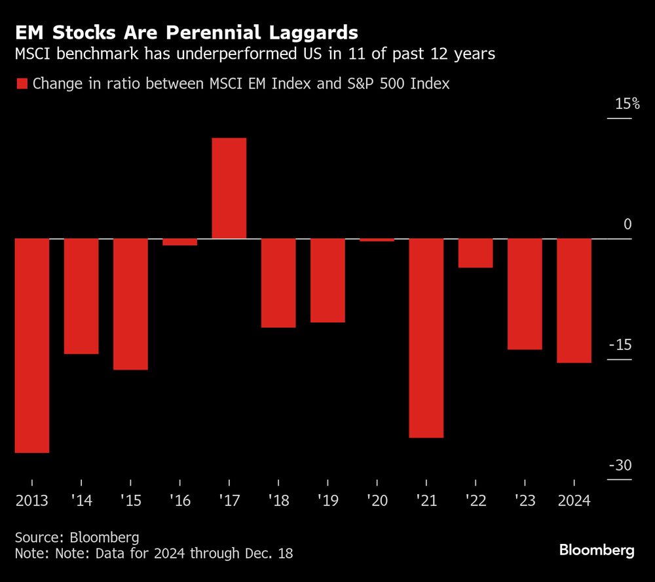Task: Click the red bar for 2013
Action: (x=32, y=345)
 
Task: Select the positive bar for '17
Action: (x=229, y=189)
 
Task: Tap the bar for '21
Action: (x=426, y=338)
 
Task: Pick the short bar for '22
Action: (x=476, y=254)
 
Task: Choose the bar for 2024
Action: (x=574, y=301)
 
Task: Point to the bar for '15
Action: (x=130, y=304)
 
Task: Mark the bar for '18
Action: (x=278, y=283)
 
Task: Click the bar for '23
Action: (x=525, y=294)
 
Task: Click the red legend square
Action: (x=22, y=84)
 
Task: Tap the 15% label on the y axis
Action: (x=626, y=104)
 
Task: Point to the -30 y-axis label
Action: (x=620, y=465)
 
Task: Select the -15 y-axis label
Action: (x=620, y=345)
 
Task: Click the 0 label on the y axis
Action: (x=627, y=225)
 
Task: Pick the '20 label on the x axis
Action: (x=377, y=501)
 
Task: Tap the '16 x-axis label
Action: (x=179, y=501)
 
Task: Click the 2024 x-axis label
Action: (x=574, y=501)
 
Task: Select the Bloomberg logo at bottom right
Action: (x=597, y=550)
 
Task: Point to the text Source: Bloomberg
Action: (x=77, y=537)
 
